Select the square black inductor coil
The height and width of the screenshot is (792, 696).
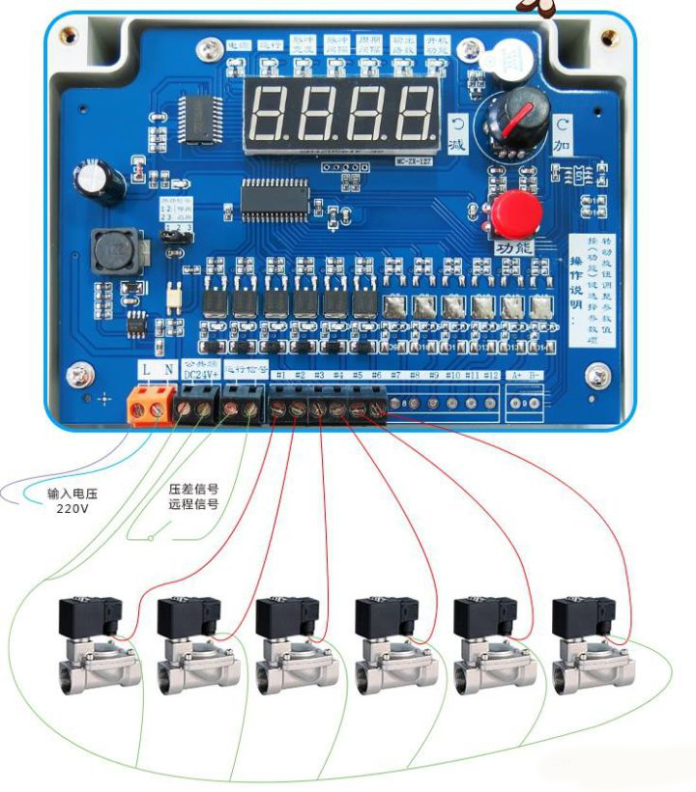point(115,251)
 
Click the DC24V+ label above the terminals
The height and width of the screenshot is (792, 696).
point(201,374)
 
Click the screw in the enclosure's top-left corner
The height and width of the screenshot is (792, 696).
point(67,36)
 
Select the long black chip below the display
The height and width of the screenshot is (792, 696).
point(275,198)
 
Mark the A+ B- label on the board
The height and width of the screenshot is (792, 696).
point(524,374)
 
